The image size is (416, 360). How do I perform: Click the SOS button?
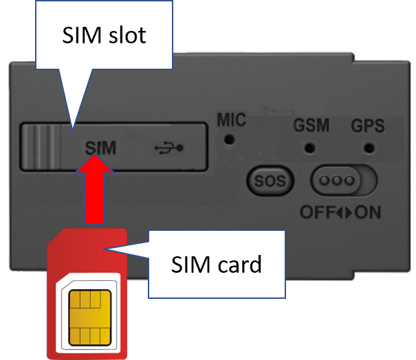pyautogui.click(x=270, y=181)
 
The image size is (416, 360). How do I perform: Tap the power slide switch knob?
pyautogui.click(x=337, y=181)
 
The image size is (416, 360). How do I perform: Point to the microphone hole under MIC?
pyautogui.click(x=230, y=139)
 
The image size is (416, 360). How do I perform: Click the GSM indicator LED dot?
pyautogui.click(x=310, y=148)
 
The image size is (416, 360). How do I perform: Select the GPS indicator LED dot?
pyautogui.click(x=369, y=148)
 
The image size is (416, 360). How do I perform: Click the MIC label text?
pyautogui.click(x=232, y=120)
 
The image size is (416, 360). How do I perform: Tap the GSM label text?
pyautogui.click(x=311, y=125)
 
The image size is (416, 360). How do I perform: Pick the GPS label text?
pyautogui.click(x=368, y=126)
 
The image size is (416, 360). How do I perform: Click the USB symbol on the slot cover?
pyautogui.click(x=168, y=148)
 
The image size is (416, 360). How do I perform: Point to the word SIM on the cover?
pyautogui.click(x=100, y=148)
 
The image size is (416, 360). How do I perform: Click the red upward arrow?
pyautogui.click(x=95, y=189)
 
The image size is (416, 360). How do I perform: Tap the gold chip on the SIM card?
pyautogui.click(x=90, y=317)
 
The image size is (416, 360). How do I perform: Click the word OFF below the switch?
pyautogui.click(x=318, y=212)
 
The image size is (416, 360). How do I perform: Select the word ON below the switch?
pyautogui.click(x=368, y=212)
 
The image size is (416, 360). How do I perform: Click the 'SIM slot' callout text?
pyautogui.click(x=104, y=35)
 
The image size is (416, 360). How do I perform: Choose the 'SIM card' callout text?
pyautogui.click(x=217, y=265)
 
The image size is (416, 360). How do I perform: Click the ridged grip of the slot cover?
pyautogui.click(x=41, y=147)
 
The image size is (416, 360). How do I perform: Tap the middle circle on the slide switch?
pyautogui.click(x=337, y=181)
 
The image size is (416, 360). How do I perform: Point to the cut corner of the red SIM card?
pyautogui.click(x=56, y=237)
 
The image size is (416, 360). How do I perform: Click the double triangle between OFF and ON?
pyautogui.click(x=345, y=212)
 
